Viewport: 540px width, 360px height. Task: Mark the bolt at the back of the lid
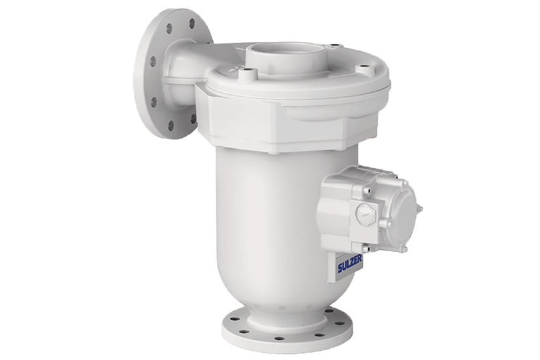pos(334,46)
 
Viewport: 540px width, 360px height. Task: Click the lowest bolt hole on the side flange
pos(170,125)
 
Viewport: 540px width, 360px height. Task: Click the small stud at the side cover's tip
pos(420,209)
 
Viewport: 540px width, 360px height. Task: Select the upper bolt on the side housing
pos(368,190)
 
